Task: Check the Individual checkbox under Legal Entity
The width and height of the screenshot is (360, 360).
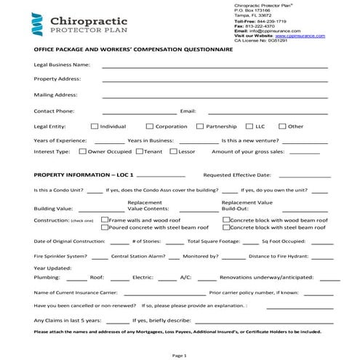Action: point(95,127)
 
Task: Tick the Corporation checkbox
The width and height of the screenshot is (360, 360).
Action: point(149,127)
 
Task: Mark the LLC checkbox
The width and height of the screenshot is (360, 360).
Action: point(249,127)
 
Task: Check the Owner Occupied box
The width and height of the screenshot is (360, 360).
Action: point(81,152)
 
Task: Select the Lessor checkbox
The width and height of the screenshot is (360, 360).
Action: point(172,152)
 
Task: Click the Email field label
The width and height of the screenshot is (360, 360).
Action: point(188,111)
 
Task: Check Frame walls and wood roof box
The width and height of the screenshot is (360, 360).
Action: point(104,220)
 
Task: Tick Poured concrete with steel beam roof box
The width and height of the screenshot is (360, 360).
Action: point(104,228)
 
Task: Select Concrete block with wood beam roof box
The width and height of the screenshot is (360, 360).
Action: point(225,220)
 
